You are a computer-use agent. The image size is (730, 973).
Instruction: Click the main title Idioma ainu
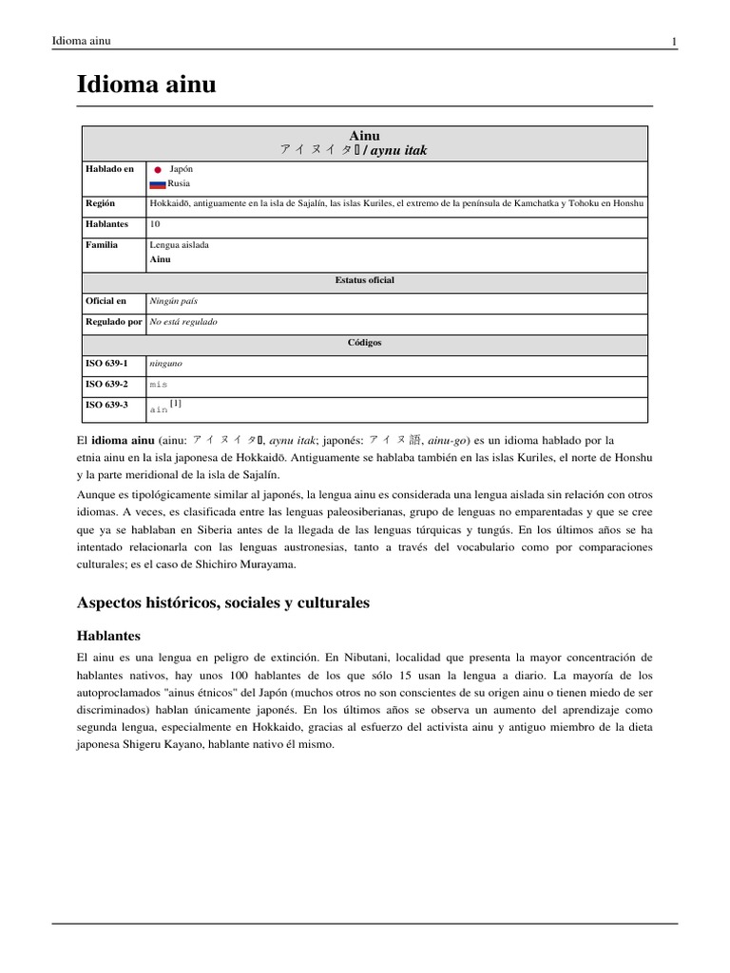[x=146, y=86]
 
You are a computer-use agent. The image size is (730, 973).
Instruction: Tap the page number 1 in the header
[x=673, y=41]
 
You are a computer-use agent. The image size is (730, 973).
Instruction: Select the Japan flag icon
[x=158, y=169]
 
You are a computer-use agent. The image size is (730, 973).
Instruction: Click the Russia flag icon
[x=158, y=184]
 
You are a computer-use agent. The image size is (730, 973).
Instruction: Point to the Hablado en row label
[x=109, y=169]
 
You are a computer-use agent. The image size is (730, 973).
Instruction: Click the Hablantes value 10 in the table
[x=155, y=224]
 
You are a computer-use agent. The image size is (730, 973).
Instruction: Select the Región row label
[x=102, y=203]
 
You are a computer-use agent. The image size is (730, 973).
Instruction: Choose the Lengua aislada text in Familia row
[x=180, y=245]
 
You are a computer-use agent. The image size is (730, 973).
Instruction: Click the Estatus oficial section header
[x=364, y=280]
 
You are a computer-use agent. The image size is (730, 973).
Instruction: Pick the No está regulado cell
[x=183, y=322]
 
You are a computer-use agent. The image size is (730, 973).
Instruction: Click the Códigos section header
[x=364, y=342]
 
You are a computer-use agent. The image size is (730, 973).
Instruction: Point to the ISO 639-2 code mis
[x=159, y=385]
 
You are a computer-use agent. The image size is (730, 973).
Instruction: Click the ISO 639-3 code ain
[x=159, y=410]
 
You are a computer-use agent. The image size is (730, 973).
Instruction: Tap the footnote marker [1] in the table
[x=176, y=404]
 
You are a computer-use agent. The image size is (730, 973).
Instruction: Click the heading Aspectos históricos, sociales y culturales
[x=222, y=602]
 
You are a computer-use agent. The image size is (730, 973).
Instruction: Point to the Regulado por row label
[x=113, y=322]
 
